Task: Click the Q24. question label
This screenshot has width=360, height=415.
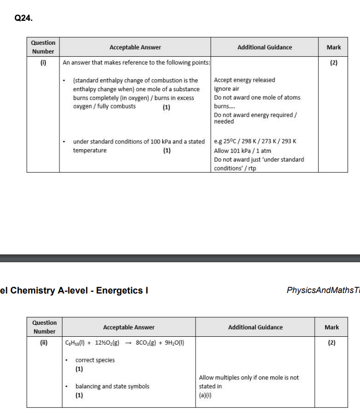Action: (23, 18)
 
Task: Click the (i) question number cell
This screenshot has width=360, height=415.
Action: (43, 63)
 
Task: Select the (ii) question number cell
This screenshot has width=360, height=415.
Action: (44, 343)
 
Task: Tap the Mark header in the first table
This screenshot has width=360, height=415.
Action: (333, 47)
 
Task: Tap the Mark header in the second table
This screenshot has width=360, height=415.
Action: (331, 327)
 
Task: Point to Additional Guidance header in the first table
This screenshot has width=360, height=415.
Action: (265, 47)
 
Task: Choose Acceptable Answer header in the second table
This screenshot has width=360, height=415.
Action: (129, 327)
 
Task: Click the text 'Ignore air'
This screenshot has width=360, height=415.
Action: (226, 89)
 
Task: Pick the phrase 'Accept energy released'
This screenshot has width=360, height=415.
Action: (244, 80)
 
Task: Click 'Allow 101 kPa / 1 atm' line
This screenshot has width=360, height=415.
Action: (243, 151)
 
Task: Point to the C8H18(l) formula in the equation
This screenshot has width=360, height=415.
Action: (78, 343)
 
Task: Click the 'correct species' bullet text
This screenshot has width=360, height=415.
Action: (95, 360)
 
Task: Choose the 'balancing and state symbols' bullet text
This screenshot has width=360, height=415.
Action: (112, 386)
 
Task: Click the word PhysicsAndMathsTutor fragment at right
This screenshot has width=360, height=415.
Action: (323, 290)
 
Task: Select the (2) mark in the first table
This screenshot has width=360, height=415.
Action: (333, 63)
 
